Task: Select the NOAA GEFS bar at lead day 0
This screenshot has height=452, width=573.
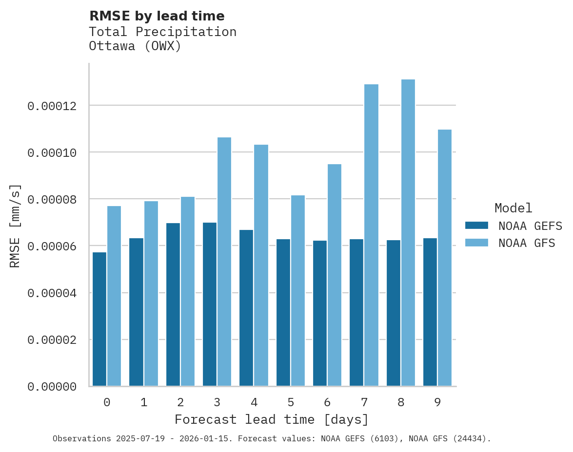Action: click(99, 319)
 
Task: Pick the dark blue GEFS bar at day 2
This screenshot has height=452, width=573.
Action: click(173, 304)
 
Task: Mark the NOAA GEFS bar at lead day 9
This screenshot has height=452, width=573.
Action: click(430, 312)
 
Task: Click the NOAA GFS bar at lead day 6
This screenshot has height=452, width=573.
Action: click(335, 275)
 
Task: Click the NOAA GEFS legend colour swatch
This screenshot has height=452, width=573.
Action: click(476, 226)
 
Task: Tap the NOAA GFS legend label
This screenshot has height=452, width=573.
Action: click(527, 243)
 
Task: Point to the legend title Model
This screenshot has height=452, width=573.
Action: click(513, 208)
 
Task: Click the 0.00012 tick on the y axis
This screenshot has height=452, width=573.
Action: click(52, 106)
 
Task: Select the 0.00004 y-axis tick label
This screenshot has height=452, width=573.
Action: click(52, 293)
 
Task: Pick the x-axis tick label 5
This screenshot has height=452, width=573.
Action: click(291, 402)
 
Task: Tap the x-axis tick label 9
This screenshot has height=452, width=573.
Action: click(437, 402)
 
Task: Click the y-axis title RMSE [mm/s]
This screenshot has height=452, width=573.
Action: click(16, 226)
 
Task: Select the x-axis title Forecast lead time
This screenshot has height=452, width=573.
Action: click(272, 419)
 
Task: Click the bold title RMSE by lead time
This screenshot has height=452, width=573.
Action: click(157, 16)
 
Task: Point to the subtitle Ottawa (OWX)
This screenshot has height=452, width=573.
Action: click(135, 46)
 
